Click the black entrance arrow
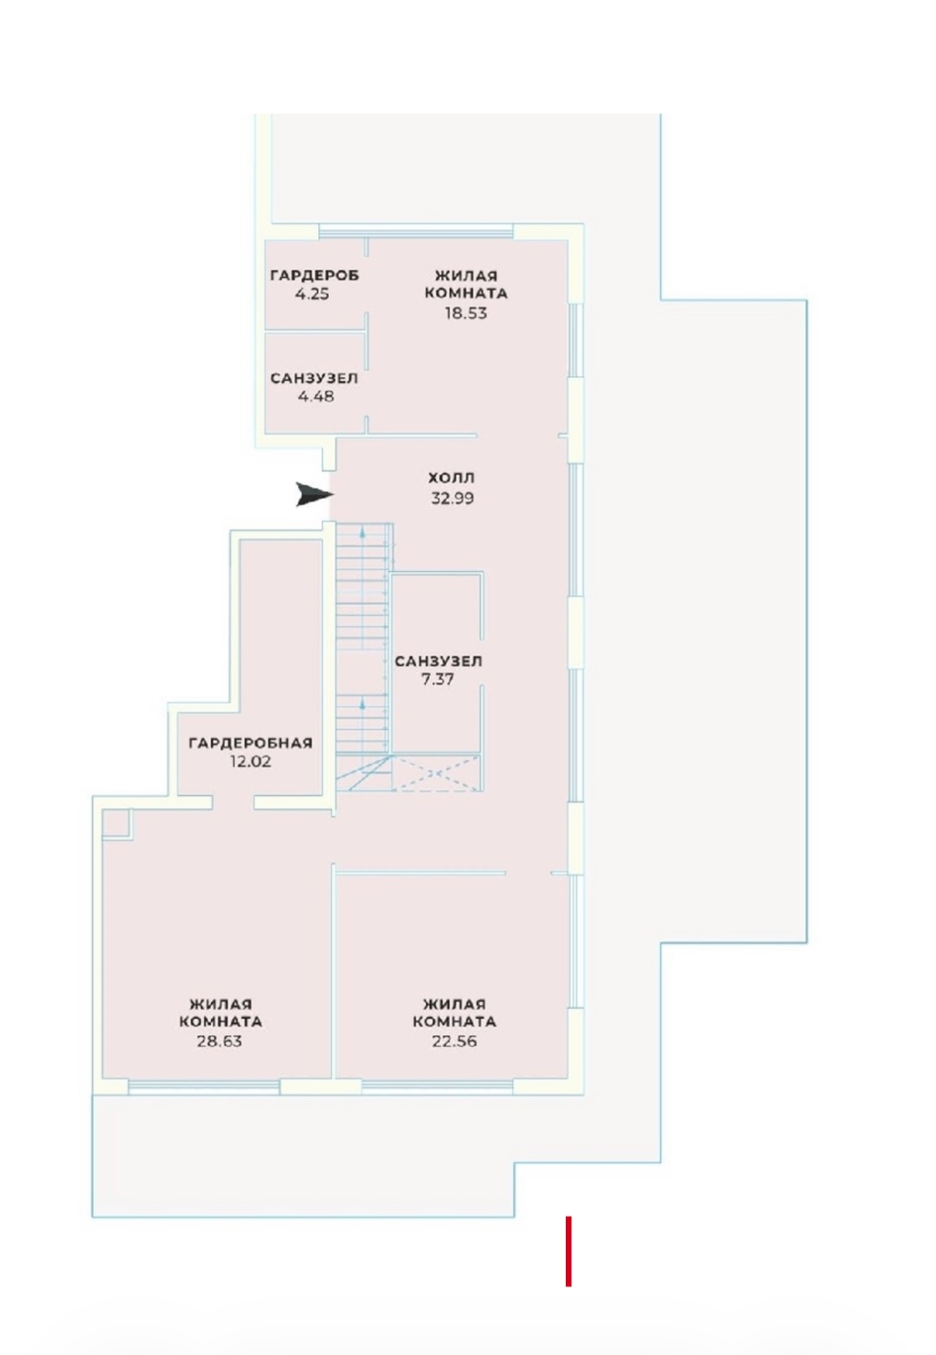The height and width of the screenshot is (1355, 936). click(314, 494)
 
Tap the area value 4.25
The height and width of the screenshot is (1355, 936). click(312, 294)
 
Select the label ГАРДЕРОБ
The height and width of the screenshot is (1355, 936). click(314, 275)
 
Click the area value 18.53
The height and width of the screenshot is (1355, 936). click(465, 312)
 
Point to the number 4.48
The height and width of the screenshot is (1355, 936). click(315, 397)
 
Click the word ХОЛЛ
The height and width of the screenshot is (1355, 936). click(452, 478)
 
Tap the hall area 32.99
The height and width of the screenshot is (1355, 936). click(452, 498)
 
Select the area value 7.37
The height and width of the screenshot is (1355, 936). click(437, 679)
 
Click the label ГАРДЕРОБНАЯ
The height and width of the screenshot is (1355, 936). click(250, 743)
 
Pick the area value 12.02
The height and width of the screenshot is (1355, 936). click(250, 762)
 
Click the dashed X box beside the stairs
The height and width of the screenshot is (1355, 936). click(436, 773)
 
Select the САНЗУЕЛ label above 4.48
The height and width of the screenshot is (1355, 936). click(314, 378)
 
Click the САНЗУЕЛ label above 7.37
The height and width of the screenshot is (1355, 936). click(438, 661)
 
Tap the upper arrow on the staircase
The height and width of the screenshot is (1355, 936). click(363, 533)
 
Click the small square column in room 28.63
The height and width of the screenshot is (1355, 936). click(116, 824)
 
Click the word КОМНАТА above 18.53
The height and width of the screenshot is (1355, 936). click(465, 293)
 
